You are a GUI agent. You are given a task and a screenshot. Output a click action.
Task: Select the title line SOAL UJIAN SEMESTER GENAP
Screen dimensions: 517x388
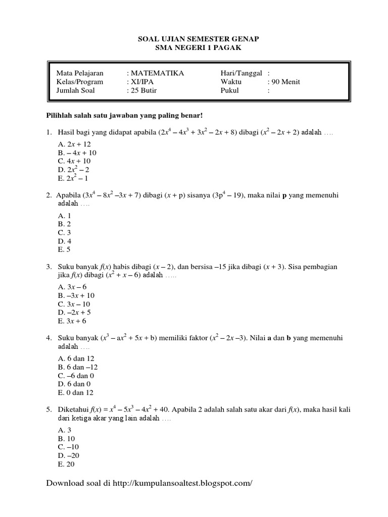point(193,39)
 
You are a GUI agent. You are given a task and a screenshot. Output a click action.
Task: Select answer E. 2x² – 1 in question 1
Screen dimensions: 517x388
point(74,178)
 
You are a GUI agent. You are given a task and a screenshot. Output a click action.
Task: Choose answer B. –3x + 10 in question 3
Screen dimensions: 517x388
point(76,295)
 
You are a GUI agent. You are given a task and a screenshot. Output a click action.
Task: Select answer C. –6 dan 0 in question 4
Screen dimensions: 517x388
point(76,376)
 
